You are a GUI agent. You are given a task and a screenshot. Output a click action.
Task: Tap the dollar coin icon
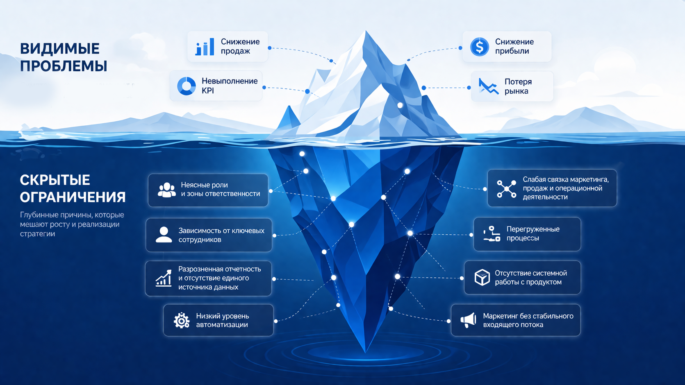(479, 47)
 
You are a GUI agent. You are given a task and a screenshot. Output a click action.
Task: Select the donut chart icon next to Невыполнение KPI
(186, 86)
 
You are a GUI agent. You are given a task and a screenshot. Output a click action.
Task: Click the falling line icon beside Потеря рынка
(488, 86)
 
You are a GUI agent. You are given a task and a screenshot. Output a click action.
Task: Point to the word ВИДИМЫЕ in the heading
(59, 49)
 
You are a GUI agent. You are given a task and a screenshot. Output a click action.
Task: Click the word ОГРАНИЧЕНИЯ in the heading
(73, 197)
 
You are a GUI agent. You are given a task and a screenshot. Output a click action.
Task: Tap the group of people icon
(167, 190)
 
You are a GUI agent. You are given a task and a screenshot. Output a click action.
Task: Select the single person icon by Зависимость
(164, 235)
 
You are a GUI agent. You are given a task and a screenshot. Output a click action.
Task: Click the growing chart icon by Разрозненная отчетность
(164, 278)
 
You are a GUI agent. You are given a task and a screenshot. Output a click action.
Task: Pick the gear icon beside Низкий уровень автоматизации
(182, 320)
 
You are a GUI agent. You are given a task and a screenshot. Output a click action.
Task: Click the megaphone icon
(468, 320)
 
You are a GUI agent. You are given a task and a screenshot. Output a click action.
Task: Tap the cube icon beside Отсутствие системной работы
(482, 277)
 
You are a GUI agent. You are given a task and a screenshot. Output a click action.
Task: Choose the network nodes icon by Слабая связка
(506, 189)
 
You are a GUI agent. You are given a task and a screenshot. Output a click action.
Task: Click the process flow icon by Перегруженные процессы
(492, 234)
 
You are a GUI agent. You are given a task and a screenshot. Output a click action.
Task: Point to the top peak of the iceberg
(366, 31)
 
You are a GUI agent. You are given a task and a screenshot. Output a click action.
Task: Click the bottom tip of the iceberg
(365, 352)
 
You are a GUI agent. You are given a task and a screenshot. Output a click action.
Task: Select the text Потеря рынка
(518, 86)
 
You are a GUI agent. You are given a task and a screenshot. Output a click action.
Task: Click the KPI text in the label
(208, 91)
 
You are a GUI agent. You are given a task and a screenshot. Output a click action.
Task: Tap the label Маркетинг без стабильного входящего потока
(528, 320)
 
